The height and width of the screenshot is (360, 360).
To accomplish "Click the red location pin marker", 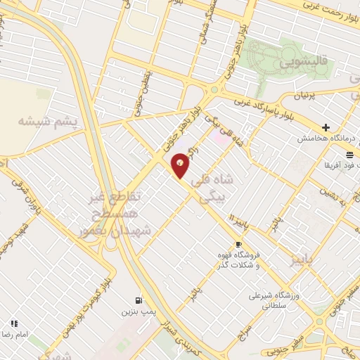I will click(x=181, y=166).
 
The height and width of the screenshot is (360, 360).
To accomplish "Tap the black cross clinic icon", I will click(x=325, y=127).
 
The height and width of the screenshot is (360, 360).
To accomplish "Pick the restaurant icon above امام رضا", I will click(x=13, y=323).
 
